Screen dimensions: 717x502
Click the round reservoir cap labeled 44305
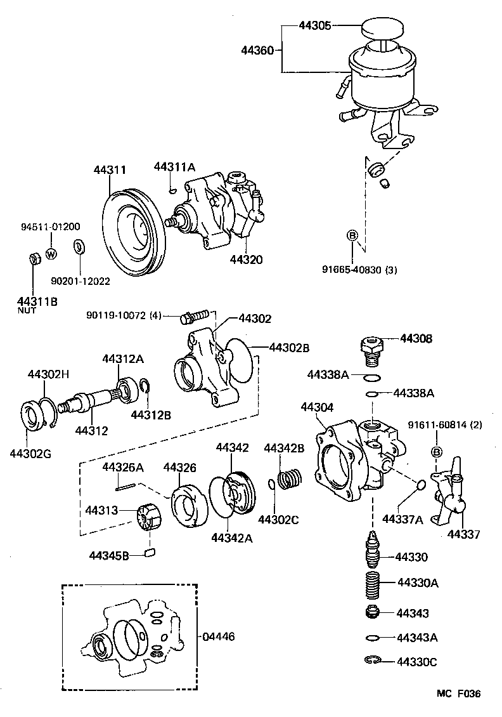click(383, 30)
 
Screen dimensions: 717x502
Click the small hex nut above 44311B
click(35, 258)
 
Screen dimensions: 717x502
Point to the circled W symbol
click(51, 254)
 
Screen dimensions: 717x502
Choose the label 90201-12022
click(80, 280)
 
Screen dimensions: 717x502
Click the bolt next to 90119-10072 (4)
click(194, 315)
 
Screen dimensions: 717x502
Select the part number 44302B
click(289, 348)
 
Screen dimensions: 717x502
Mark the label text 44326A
click(123, 468)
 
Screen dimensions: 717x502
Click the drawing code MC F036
click(458, 694)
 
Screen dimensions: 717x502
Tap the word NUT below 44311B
click(27, 311)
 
